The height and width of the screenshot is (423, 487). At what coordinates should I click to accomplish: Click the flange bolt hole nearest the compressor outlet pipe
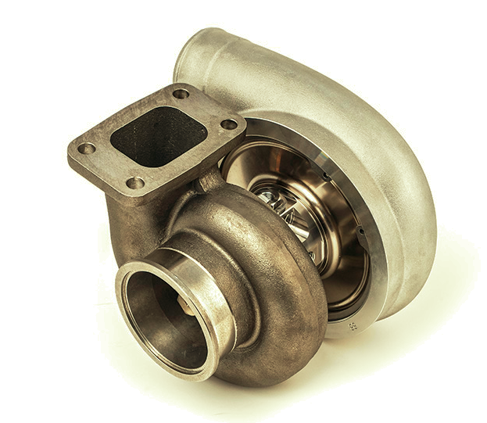(181, 94)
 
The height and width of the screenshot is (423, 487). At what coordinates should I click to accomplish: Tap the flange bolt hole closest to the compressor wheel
(229, 124)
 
